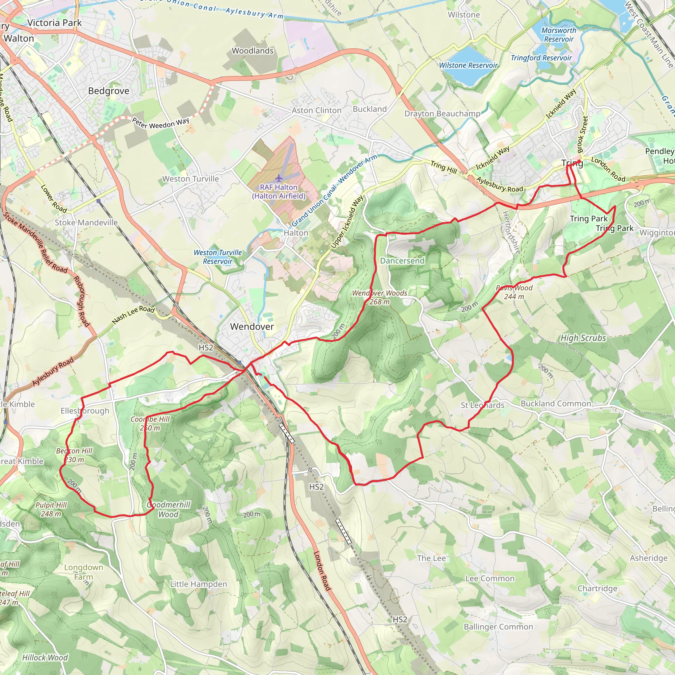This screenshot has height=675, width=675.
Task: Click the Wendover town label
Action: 252,327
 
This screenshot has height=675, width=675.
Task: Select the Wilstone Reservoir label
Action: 468,65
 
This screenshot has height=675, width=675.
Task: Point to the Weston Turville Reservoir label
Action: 218,257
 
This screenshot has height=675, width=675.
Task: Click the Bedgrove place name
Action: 109,91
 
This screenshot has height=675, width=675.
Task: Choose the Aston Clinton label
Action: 316,110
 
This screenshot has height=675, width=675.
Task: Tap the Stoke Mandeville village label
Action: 86,222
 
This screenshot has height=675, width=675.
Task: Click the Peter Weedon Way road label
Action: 161,123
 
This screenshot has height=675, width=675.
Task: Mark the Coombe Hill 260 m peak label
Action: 150,424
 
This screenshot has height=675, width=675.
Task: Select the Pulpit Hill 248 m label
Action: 51,509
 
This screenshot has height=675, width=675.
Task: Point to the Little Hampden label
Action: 198,584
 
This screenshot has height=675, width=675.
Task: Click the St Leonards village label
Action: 483,405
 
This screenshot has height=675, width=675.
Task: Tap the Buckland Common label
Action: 556,403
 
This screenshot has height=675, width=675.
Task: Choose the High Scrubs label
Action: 583,338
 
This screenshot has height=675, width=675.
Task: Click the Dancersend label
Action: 402,261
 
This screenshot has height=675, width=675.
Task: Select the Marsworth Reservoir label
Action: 559,35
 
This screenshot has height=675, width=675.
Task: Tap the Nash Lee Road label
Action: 133,314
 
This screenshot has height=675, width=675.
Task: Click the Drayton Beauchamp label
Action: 442,114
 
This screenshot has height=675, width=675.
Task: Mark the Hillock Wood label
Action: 45,658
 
